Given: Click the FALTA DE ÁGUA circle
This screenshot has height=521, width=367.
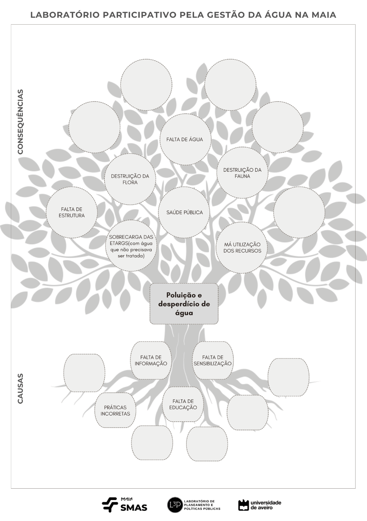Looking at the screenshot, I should [185, 139].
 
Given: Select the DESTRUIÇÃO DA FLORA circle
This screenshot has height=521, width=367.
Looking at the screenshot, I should [130, 179].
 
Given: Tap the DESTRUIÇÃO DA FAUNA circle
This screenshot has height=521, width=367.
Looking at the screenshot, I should [242, 173].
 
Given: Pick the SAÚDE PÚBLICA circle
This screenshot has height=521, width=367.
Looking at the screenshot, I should [184, 212].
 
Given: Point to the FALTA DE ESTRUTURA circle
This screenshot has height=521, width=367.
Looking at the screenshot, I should [72, 212].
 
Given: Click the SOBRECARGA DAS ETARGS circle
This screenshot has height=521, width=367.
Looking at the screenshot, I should [131, 246].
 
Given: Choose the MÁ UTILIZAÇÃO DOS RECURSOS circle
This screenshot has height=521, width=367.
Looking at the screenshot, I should [242, 247].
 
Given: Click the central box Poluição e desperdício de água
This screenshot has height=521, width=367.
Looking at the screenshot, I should [184, 304].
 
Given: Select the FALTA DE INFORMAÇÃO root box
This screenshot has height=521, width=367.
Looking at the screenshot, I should [150, 360].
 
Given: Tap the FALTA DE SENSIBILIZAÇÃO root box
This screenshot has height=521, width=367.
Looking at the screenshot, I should [213, 360].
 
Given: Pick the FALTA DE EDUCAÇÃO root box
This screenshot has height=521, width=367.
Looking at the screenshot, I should [183, 404].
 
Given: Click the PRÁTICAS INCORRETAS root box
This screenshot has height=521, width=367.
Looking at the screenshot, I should [115, 410].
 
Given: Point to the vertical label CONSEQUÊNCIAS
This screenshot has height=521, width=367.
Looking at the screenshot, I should [21, 121].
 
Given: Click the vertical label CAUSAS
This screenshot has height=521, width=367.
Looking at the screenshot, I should [21, 389].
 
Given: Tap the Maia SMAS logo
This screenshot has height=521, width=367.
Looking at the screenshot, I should [125, 505].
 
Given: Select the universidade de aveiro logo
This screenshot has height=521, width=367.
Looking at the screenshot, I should [260, 505].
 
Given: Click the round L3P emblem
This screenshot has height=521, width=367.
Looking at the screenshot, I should [175, 505].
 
